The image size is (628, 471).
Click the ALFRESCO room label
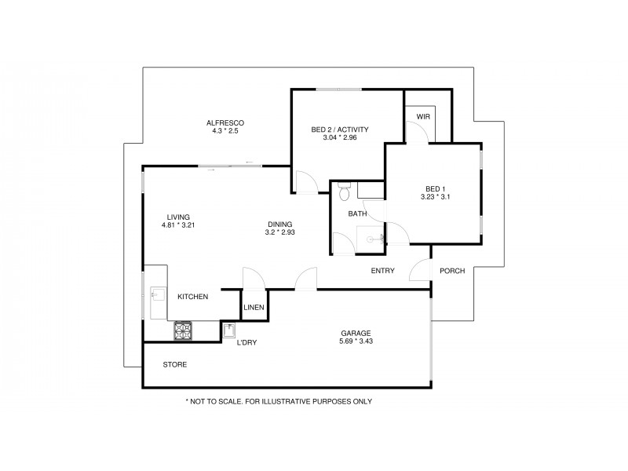(x=225, y=123)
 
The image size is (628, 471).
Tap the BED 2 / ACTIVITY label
(x=340, y=130)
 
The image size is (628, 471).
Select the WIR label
(x=424, y=116)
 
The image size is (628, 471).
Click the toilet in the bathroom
(x=343, y=190)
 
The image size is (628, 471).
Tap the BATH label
(x=358, y=214)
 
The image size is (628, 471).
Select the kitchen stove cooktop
(x=184, y=331)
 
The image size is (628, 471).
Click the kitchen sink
(x=155, y=296)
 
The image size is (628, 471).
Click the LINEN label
(x=254, y=307)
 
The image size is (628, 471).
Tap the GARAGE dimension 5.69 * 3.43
(x=356, y=341)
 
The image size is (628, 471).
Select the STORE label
(x=174, y=365)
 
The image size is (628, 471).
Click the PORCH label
(x=452, y=271)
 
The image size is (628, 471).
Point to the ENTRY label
(x=382, y=271)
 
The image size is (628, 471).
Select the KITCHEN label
(x=192, y=297)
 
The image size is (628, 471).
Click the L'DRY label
(x=247, y=342)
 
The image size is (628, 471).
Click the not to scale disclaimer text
(x=278, y=401)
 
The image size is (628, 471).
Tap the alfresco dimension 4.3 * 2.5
(x=225, y=131)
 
